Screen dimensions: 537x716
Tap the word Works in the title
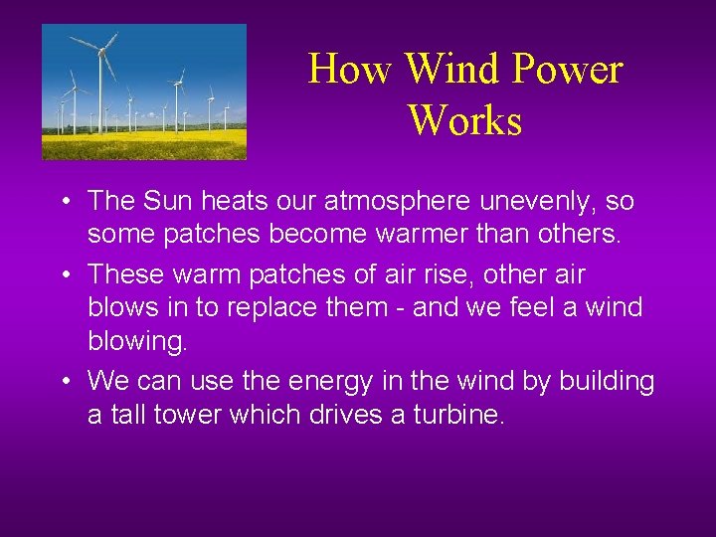464,120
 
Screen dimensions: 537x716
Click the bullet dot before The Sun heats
63,203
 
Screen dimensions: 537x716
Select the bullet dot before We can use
63,382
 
